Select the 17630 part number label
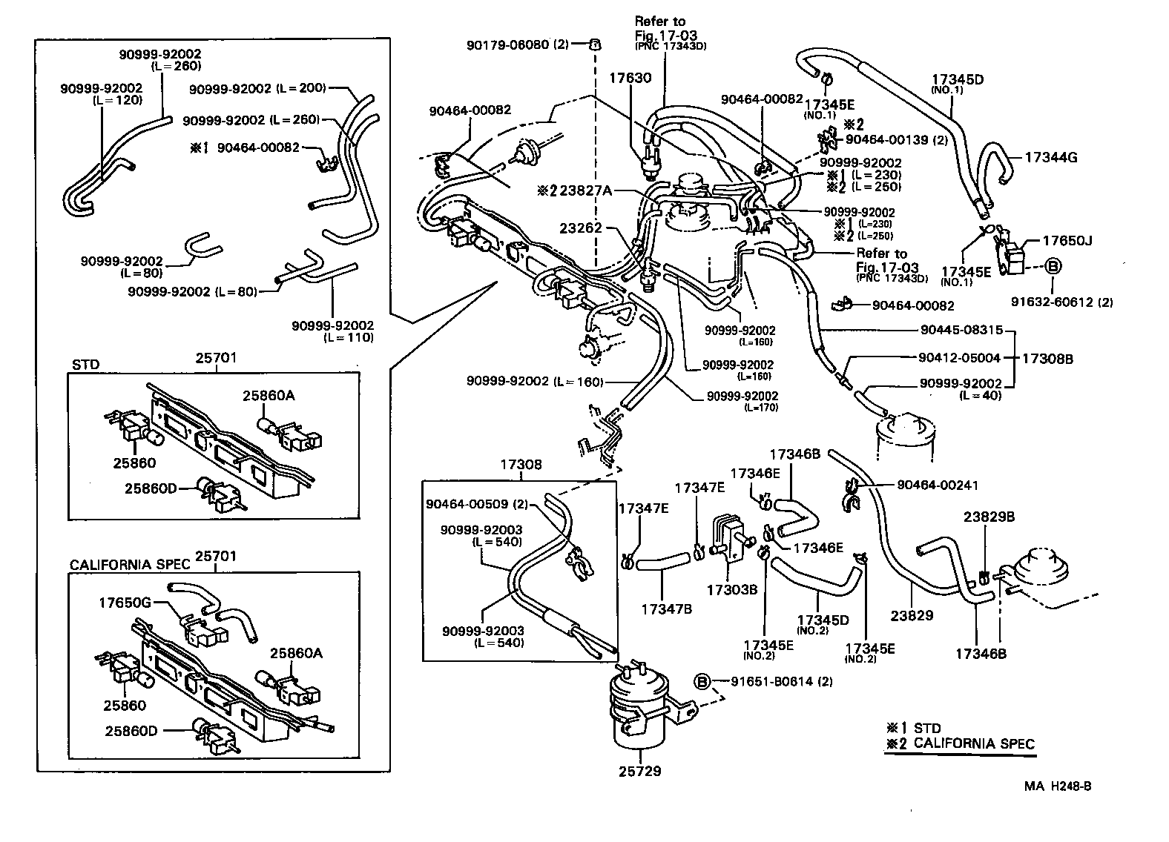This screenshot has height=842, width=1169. tap(630, 77)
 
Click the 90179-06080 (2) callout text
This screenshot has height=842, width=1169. tap(517, 44)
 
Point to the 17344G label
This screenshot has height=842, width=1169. tap(1050, 157)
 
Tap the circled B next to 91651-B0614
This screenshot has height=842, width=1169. tap(702, 681)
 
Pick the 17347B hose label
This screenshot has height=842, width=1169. tap(666, 609)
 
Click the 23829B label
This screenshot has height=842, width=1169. tap(989, 517)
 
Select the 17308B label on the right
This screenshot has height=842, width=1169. tap(1047, 359)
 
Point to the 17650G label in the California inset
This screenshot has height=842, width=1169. tap(125, 603)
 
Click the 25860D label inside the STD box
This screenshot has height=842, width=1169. tap(151, 488)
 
